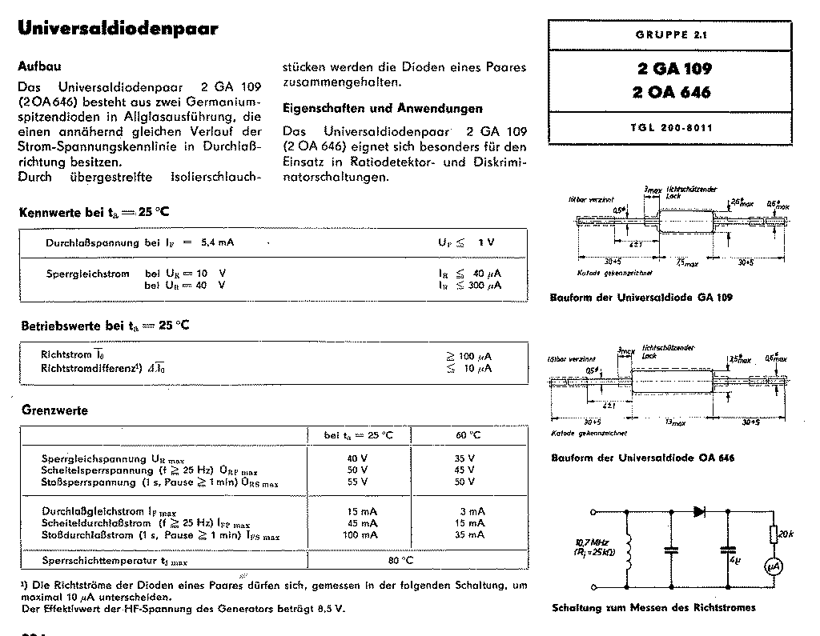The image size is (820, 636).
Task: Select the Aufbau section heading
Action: tap(39, 67)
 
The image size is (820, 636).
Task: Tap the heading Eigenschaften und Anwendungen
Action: tap(383, 108)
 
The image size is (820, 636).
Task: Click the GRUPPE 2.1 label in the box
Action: tap(672, 34)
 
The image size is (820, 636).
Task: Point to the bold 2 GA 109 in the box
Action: tap(671, 69)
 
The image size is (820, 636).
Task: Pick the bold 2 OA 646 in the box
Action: tap(671, 91)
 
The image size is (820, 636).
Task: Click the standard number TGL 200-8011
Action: tap(672, 127)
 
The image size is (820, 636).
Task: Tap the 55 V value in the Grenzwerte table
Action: tap(357, 482)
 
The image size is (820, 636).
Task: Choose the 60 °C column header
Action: tap(468, 434)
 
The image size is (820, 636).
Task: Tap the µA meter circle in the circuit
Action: tap(774, 566)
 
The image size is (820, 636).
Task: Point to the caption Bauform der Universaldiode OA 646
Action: tap(642, 458)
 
